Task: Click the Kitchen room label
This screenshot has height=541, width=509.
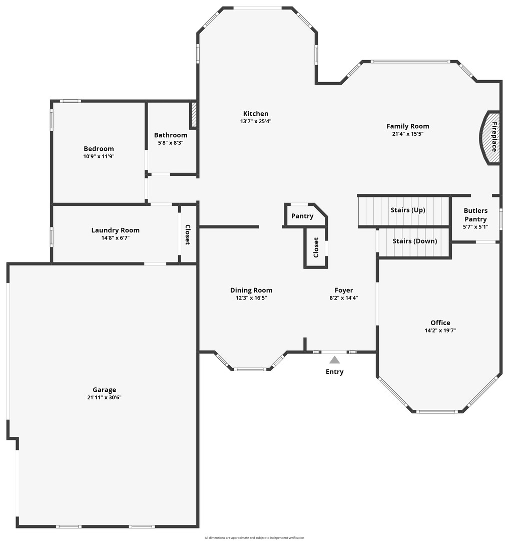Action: coord(256,114)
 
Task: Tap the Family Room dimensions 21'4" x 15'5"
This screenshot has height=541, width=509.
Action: coord(408,134)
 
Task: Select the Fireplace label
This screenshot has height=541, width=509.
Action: coord(494,137)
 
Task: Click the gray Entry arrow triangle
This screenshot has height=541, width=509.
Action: coord(334,360)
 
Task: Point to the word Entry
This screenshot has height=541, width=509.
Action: coord(335,372)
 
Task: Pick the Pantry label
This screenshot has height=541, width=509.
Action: coord(302,216)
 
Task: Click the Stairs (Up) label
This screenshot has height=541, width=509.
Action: coord(408,210)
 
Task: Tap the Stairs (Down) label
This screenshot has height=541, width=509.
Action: coord(415,241)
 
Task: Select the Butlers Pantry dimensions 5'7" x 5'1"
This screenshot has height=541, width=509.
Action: coord(475,227)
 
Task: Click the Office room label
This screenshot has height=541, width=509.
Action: coord(440,323)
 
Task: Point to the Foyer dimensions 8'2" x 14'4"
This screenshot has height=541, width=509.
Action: coord(344,298)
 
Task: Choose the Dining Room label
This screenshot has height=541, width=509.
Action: coord(251,290)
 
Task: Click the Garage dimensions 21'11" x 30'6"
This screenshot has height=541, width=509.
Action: coord(105,397)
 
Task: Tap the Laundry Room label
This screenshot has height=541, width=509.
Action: coord(116,230)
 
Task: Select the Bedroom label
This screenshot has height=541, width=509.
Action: coord(99,149)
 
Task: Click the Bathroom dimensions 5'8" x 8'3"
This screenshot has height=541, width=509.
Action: coord(171,142)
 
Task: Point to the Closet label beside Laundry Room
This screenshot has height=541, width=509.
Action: coord(188,234)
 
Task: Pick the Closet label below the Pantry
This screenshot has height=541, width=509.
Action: coord(316,247)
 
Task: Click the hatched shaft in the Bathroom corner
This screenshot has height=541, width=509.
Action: coord(194,114)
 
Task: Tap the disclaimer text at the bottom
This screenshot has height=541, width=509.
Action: coord(254,537)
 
